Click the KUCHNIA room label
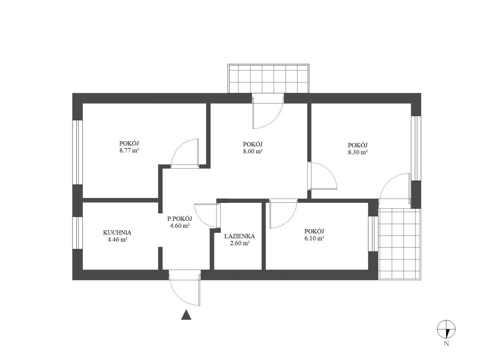pos(117,232)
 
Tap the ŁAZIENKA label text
pos(240,236)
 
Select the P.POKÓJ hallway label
pos(180,218)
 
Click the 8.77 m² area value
pos(129,151)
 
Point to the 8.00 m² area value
pos(252,151)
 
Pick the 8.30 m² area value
pos(358,152)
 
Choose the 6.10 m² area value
pos(314,238)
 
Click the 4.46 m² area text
pos(118,240)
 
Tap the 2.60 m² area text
pos(240,243)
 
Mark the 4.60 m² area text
pos(180,226)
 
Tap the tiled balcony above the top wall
pos(268,79)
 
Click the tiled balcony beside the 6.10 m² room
pos(400,244)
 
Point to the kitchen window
pos(78,233)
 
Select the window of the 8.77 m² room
pos(78,152)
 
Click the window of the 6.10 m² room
pos(373,234)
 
